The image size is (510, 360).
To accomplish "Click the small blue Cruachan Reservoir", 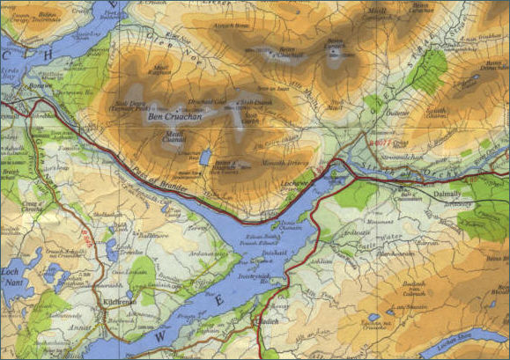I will pyautogui.click(x=205, y=157).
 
